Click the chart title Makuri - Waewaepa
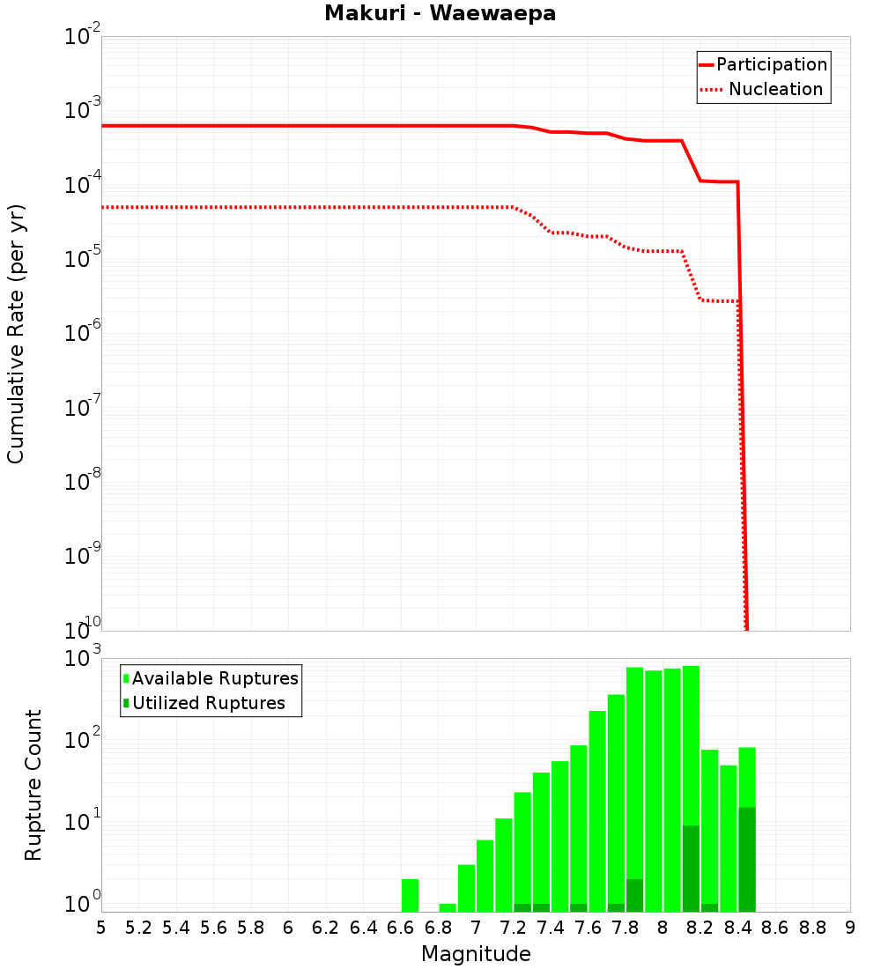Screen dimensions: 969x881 tap(440, 13)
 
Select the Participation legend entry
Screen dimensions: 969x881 tap(763, 64)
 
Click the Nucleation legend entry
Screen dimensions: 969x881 tap(763, 89)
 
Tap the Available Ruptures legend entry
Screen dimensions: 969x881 tap(211, 678)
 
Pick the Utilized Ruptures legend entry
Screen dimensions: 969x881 tap(204, 703)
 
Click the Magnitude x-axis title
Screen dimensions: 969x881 tap(476, 954)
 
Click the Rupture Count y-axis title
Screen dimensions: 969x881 tap(33, 784)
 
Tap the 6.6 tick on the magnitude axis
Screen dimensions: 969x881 tap(401, 928)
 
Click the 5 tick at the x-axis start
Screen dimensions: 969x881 tap(101, 928)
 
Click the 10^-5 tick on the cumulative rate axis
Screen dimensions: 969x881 tap(84, 259)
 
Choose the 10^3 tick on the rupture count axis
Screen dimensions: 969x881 tap(84, 659)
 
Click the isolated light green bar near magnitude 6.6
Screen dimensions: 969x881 tap(410, 895)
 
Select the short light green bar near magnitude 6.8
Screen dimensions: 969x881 tap(448, 907)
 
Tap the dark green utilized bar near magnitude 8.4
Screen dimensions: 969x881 tap(747, 859)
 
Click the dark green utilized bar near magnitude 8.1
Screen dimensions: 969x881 tap(691, 868)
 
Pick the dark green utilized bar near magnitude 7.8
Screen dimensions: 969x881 tap(634, 895)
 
